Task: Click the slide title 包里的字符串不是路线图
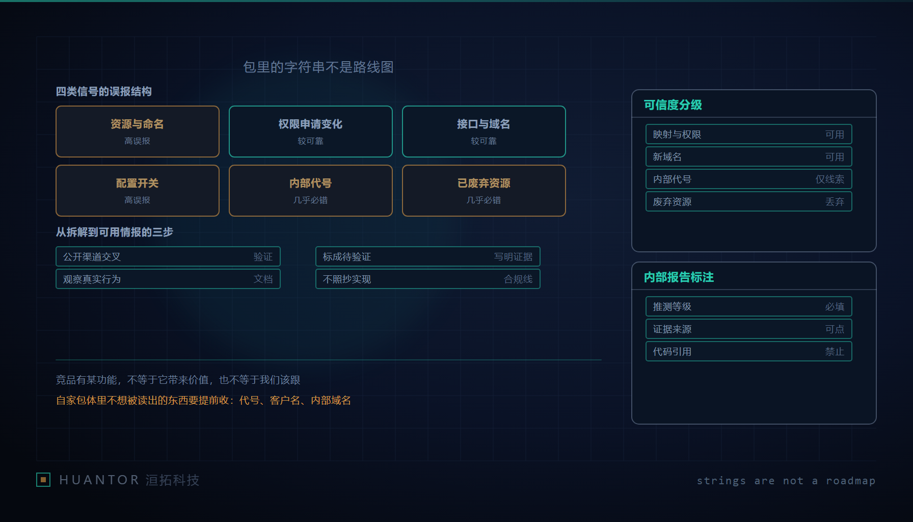point(318,67)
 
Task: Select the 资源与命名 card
point(138,132)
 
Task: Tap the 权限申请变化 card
point(311,132)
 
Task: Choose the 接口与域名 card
point(484,132)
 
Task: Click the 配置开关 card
point(138,191)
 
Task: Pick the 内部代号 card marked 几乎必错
point(311,191)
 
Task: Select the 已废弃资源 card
point(484,191)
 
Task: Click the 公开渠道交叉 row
point(168,256)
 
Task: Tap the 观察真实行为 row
point(168,279)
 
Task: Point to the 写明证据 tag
point(513,256)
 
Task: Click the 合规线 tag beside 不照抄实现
point(518,279)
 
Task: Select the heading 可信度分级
point(673,105)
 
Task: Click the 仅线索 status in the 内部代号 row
point(830,179)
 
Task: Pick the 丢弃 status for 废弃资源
point(835,201)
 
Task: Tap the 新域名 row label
point(667,156)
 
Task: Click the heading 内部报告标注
point(679,277)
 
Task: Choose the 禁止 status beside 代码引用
point(835,351)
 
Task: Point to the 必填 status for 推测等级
point(835,306)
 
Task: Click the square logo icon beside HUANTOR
point(43,480)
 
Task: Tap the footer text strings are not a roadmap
point(786,481)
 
